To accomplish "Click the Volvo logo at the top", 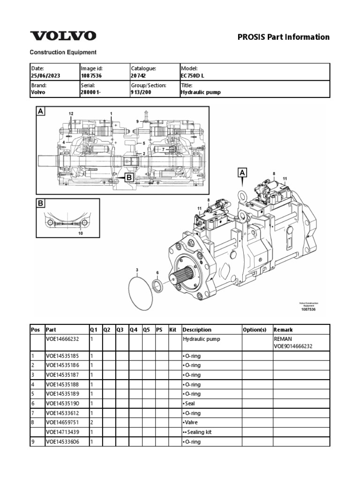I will [63, 36].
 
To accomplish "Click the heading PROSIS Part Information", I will [284, 37].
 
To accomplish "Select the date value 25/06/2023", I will [45, 75].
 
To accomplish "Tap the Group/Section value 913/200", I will [141, 92].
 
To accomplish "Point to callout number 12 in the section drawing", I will [71, 114].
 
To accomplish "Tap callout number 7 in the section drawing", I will [164, 149].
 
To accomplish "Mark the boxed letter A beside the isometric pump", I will [242, 173].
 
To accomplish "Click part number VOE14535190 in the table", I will [63, 404].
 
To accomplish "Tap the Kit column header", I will [173, 330].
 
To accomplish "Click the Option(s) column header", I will [255, 330].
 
